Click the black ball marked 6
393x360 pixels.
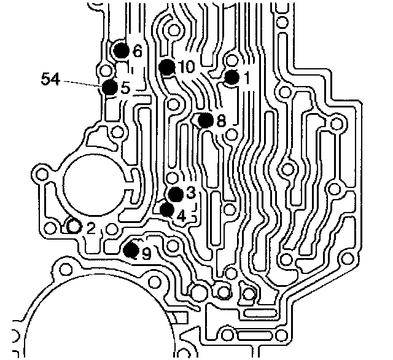pos(120,50)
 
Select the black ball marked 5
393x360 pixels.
pos(109,87)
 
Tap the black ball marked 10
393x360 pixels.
pos(166,66)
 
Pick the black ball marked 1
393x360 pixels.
pos(232,77)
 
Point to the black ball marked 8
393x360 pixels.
pos(205,120)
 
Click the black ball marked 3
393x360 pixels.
pos(176,194)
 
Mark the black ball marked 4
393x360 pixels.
pos(166,209)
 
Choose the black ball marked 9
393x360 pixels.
pos(131,249)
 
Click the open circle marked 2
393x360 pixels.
pos(74,226)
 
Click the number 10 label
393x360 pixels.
pos(187,66)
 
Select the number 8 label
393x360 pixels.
pos(221,120)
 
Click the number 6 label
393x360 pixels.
pos(137,51)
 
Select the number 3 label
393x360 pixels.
pos(191,193)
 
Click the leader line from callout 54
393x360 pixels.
pos(83,84)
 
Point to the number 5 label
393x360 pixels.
pos(125,88)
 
